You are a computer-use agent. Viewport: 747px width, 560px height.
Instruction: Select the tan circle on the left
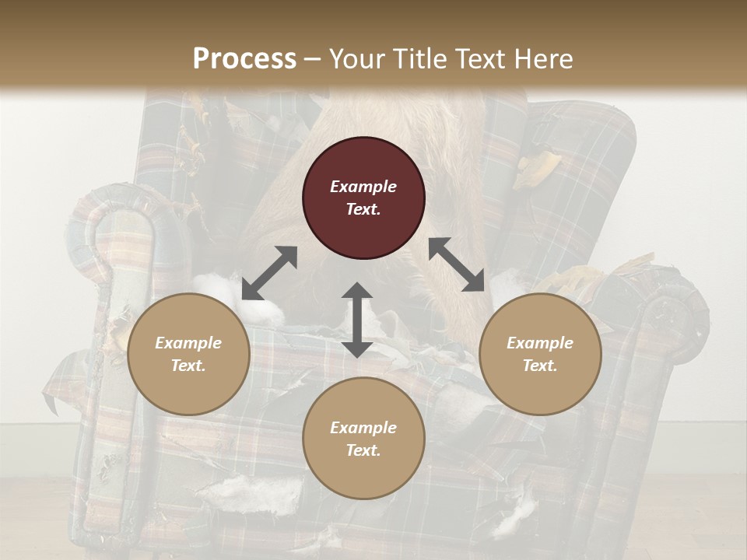pyautogui.click(x=188, y=354)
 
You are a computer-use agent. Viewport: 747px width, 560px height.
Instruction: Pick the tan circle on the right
pyautogui.click(x=540, y=354)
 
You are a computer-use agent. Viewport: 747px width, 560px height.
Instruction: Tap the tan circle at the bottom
pyautogui.click(x=363, y=438)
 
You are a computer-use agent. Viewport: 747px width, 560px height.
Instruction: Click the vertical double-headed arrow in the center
pyautogui.click(x=357, y=320)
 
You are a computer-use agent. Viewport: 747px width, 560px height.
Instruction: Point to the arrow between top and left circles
pyautogui.click(x=270, y=272)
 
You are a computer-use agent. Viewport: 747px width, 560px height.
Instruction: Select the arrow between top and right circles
pyautogui.click(x=457, y=264)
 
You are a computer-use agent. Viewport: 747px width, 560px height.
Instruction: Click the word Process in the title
pyautogui.click(x=244, y=58)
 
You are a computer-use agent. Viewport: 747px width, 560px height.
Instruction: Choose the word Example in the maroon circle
pyautogui.click(x=363, y=187)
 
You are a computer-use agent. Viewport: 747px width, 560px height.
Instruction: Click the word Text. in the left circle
pyautogui.click(x=188, y=366)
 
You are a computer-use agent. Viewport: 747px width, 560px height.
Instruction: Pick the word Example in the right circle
pyautogui.click(x=540, y=343)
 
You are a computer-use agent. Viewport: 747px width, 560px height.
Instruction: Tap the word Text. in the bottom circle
pyautogui.click(x=363, y=450)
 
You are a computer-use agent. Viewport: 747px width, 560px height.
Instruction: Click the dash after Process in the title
pyautogui.click(x=313, y=59)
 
